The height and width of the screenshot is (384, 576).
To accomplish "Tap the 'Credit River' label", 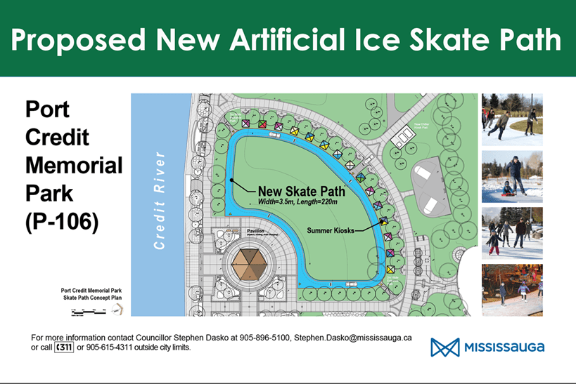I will (x=160, y=199).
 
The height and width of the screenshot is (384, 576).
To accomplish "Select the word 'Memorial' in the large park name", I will (x=74, y=166).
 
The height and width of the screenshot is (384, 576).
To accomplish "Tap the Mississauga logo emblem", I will (x=444, y=347).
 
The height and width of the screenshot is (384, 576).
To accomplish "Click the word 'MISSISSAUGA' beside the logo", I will (x=503, y=347).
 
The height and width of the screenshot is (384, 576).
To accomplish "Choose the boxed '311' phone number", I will (x=64, y=347).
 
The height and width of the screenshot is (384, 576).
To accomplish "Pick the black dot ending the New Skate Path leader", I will (x=233, y=181).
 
